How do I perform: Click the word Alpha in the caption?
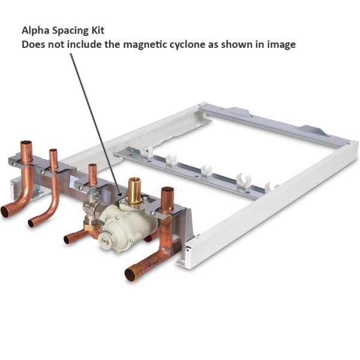[x=35, y=31]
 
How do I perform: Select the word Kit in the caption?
[x=98, y=31]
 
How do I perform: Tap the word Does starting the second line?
[x=33, y=44]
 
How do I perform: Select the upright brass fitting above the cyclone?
[x=134, y=191]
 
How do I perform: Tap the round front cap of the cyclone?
[x=106, y=241]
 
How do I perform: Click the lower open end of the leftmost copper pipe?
[x=5, y=212]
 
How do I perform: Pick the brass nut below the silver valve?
[x=91, y=226]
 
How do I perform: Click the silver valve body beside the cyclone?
[x=94, y=208]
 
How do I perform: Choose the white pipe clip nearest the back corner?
[x=146, y=151]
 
